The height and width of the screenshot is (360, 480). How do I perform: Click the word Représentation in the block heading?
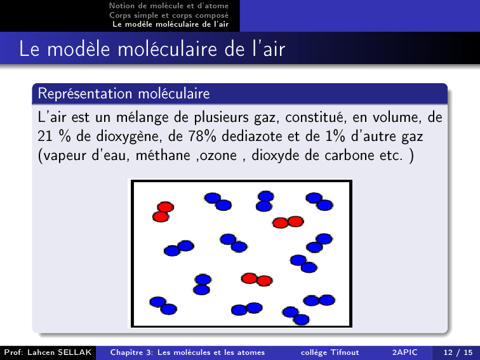[85, 93]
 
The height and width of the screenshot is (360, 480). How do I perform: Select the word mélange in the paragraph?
[142, 117]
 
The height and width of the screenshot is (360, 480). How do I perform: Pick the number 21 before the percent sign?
[45, 137]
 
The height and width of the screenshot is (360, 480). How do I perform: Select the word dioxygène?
[129, 137]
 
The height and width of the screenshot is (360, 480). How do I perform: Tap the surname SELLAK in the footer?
[75, 352]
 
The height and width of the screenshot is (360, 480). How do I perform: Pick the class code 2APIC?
[404, 352]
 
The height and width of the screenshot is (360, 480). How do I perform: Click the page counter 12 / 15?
[458, 352]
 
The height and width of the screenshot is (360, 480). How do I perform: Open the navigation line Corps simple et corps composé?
[169, 15]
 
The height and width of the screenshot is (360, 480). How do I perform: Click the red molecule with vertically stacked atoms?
[163, 212]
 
